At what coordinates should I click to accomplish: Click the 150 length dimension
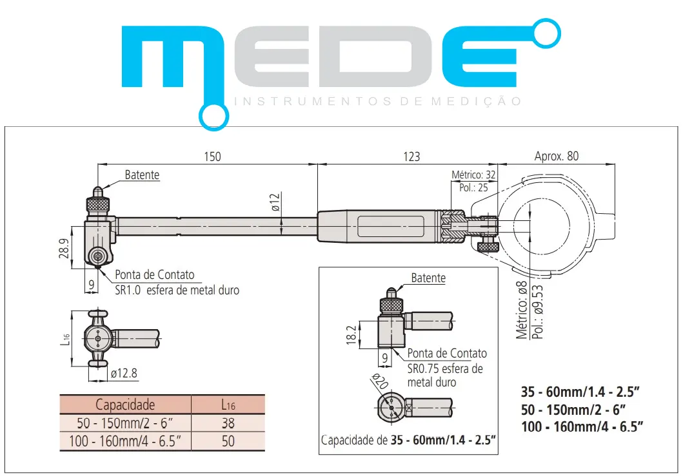point(212,157)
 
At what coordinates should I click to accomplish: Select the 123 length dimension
point(411,157)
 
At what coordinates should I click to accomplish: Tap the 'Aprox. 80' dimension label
point(556,157)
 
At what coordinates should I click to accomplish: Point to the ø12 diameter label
point(275,202)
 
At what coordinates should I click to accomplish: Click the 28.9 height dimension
point(64,249)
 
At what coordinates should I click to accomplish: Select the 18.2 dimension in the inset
point(352,335)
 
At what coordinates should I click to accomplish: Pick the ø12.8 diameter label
point(124,374)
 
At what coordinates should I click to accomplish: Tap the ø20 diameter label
point(380,381)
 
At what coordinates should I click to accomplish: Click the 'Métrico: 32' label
point(473,175)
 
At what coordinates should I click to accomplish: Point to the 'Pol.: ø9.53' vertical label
point(539,312)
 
